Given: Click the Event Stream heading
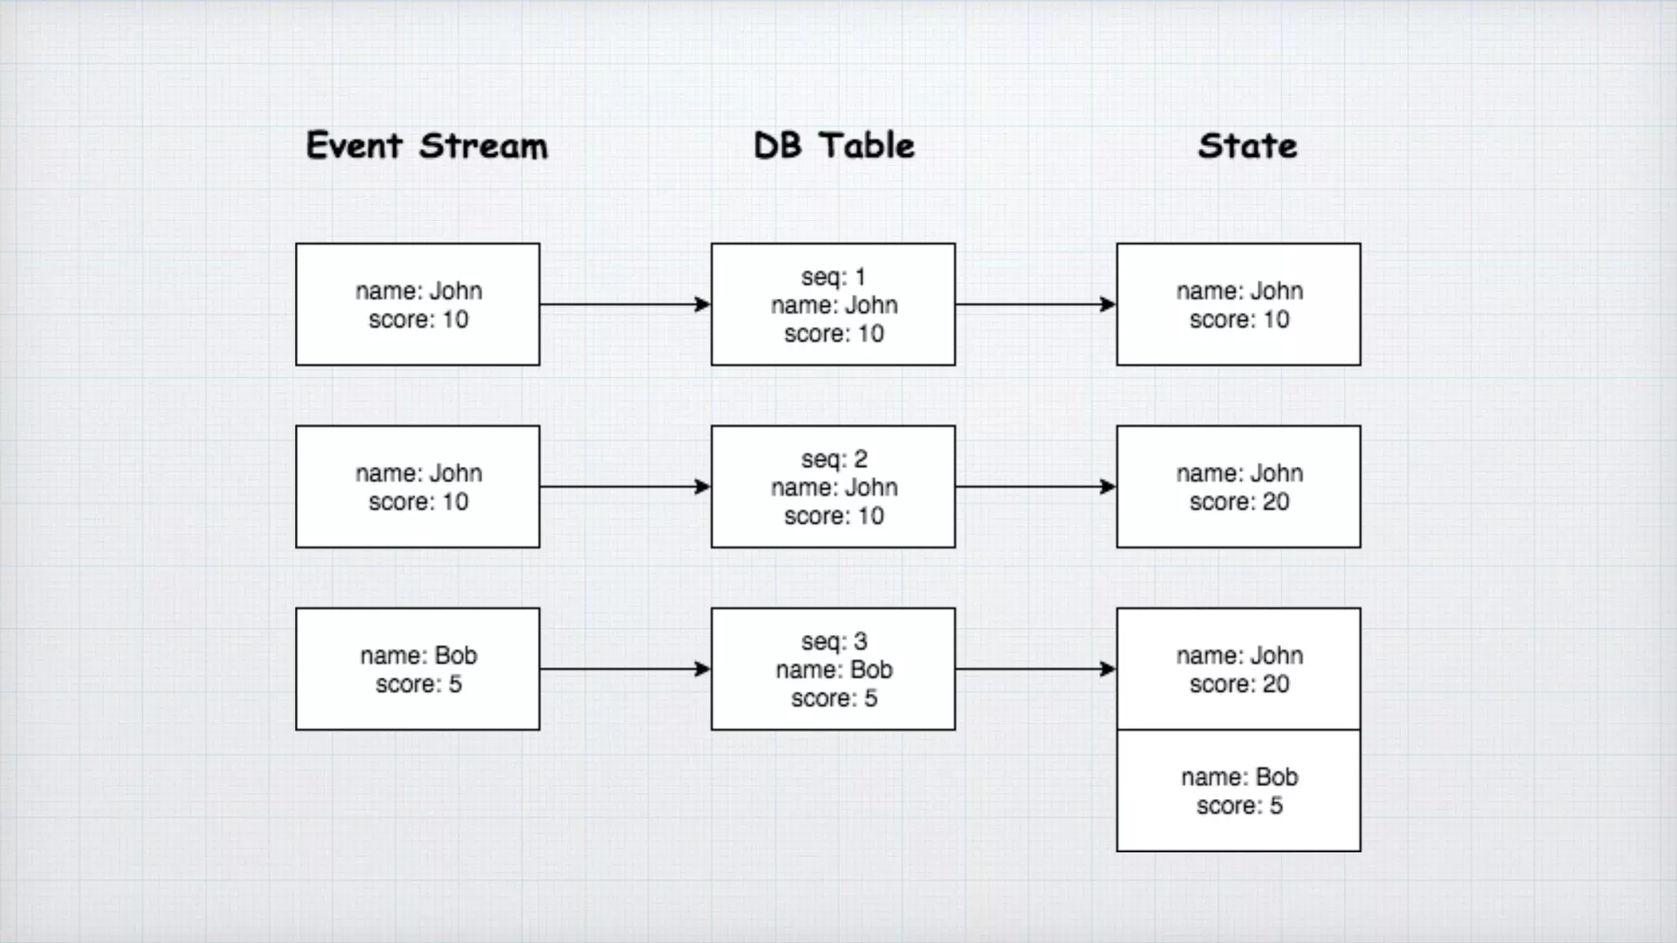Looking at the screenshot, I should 427,147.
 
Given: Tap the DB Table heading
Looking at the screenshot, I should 834,147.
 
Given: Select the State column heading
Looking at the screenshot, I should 1247,147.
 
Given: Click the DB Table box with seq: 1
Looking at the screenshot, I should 833,305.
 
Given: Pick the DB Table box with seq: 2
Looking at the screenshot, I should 833,487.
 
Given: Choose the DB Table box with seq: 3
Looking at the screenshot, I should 833,669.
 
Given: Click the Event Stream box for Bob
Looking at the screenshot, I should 418,669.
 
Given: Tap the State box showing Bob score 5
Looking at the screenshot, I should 1238,791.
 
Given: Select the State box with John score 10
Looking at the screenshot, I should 1238,305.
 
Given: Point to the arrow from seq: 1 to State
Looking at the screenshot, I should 1035,305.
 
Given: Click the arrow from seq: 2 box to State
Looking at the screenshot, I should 1035,487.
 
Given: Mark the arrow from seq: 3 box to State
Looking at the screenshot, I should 1035,669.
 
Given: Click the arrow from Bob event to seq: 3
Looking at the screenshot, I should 625,669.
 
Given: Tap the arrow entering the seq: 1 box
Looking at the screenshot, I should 625,305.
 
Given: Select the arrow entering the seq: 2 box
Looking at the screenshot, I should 625,487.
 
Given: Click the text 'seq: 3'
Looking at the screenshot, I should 834,641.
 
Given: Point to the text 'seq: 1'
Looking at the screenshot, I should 833,277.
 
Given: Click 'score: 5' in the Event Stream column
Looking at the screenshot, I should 418,684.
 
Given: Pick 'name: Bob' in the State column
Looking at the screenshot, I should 1239,777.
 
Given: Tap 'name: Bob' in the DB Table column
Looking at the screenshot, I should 834,670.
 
